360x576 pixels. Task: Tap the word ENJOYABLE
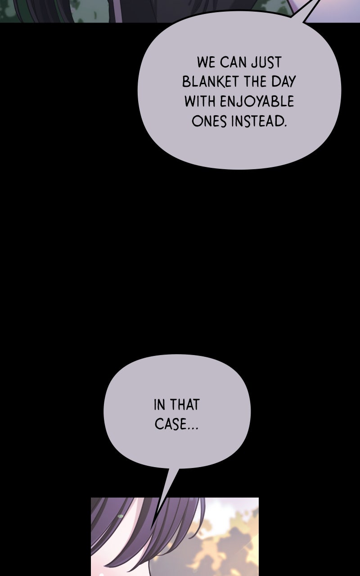click(256, 102)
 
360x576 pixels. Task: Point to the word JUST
click(266, 62)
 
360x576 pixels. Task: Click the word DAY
click(283, 82)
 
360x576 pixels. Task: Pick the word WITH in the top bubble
click(200, 101)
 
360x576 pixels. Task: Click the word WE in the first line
click(206, 62)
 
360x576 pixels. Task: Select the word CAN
click(233, 62)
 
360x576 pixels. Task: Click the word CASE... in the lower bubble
click(176, 424)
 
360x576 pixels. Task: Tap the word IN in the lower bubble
click(159, 405)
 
